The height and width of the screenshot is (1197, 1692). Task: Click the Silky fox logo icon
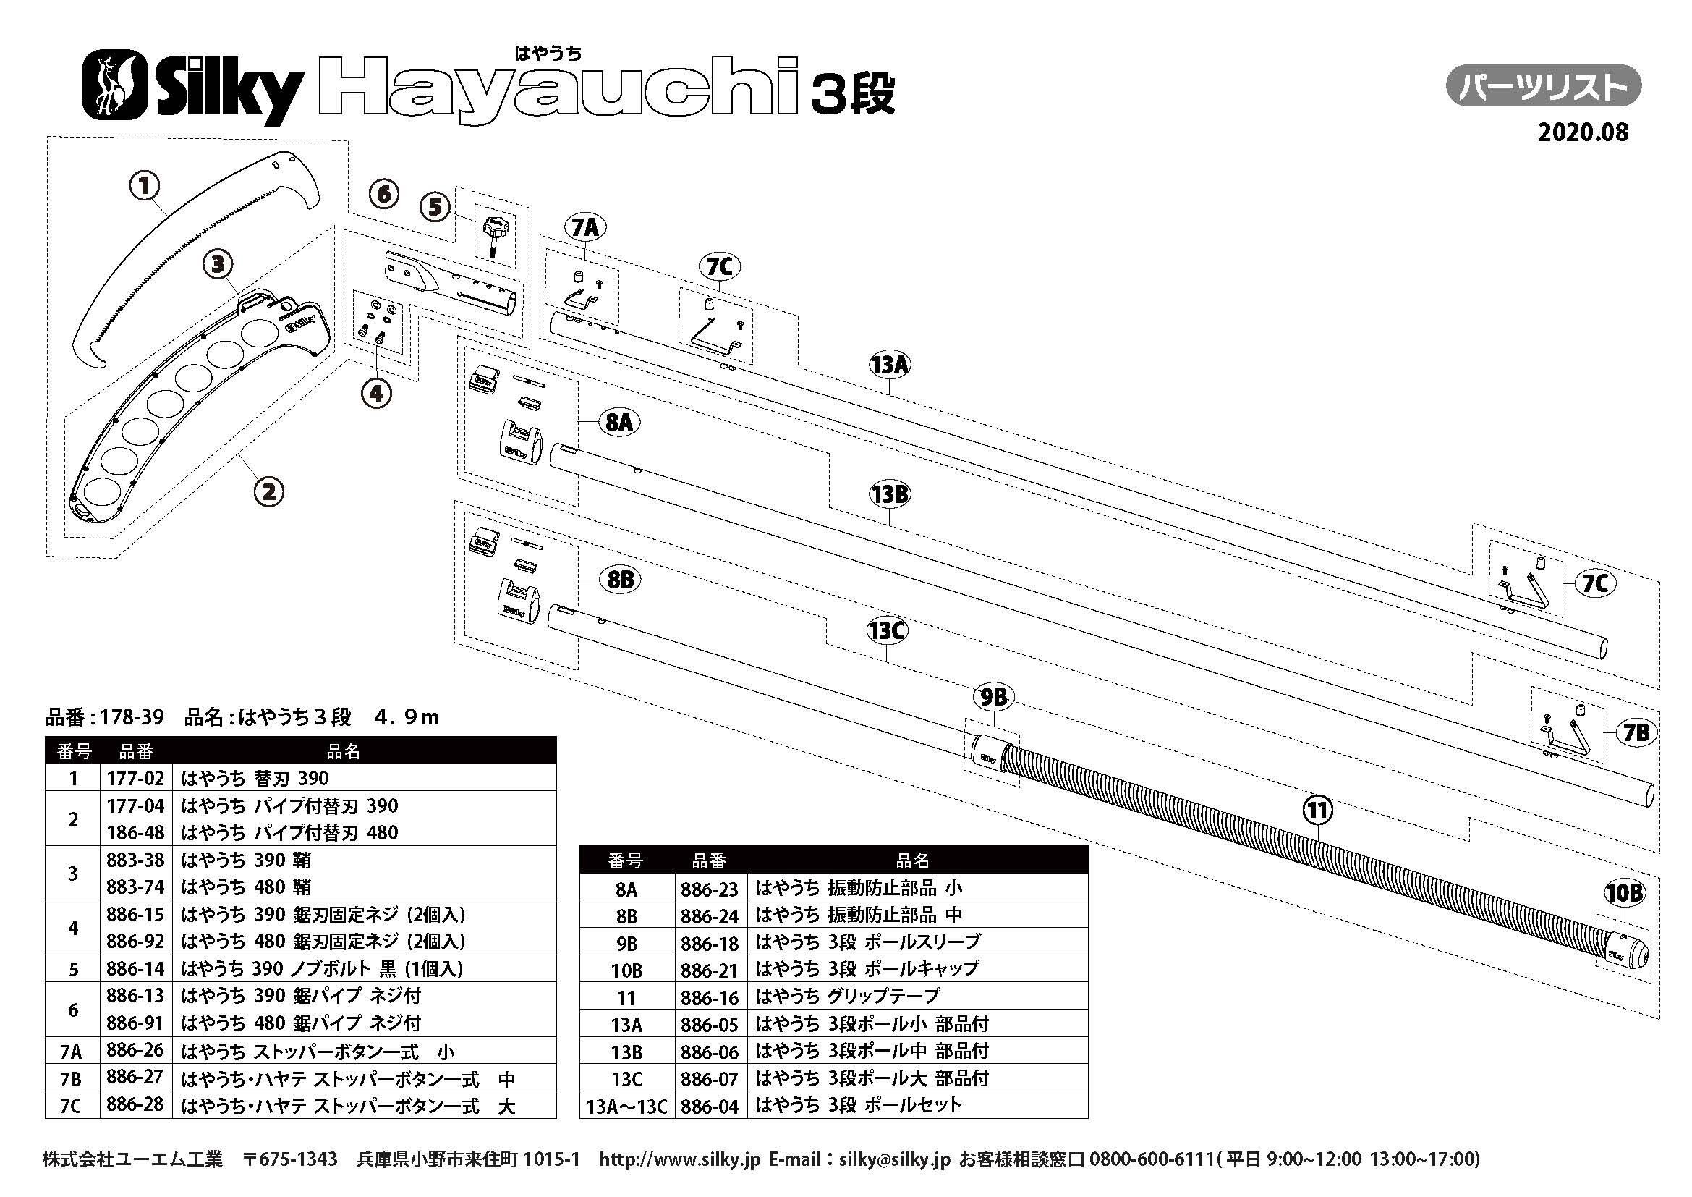click(x=112, y=85)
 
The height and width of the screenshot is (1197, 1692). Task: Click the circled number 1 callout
click(x=145, y=186)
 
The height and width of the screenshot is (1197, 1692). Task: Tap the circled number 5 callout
click(x=435, y=208)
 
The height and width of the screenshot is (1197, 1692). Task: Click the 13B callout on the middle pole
click(x=890, y=494)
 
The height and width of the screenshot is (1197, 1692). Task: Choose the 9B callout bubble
click(x=992, y=697)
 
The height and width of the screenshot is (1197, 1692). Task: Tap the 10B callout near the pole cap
click(x=1623, y=893)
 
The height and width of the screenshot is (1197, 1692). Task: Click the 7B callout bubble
click(x=1636, y=732)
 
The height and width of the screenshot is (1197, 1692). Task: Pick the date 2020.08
click(x=1582, y=132)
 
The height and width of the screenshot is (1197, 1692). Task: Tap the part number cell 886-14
click(x=135, y=968)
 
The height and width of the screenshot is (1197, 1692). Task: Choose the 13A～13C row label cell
click(x=627, y=1107)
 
